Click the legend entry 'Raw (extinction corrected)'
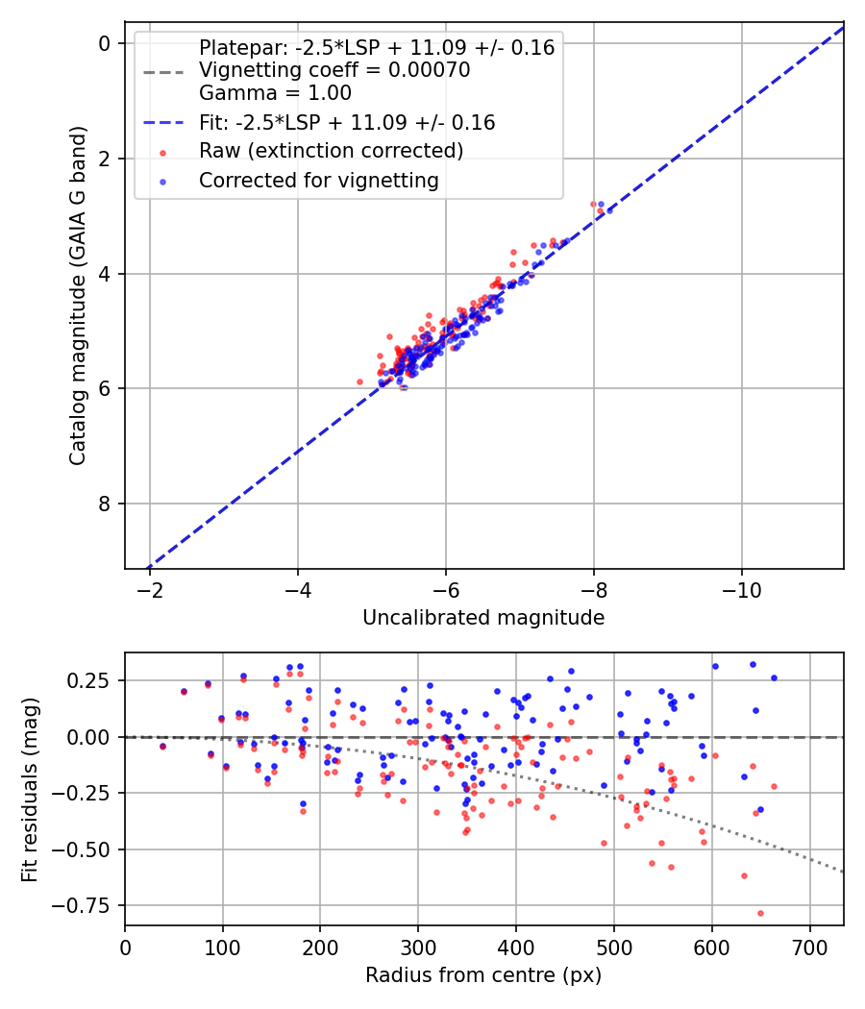[331, 151]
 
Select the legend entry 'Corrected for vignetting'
[318, 180]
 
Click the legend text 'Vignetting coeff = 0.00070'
[334, 70]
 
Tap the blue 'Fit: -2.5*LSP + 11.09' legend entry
[346, 122]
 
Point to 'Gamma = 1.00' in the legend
[275, 93]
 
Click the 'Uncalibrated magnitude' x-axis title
[483, 618]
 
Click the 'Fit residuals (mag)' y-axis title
[30, 788]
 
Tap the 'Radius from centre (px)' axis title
[483, 975]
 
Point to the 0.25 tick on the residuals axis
[94, 680]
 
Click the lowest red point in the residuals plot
[760, 913]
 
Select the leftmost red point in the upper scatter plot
[360, 381]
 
